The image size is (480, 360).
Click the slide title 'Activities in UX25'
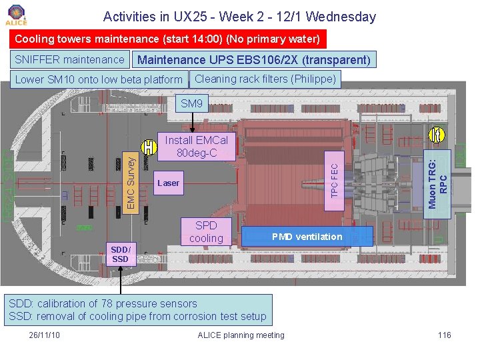(239, 17)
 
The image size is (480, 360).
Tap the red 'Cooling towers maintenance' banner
(167, 39)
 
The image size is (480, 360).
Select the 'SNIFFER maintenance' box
(69, 60)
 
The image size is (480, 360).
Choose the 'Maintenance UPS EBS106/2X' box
(254, 60)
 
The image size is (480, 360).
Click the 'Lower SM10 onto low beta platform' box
(99, 80)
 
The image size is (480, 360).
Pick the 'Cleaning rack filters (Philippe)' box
(265, 79)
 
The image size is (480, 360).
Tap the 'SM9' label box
(191, 103)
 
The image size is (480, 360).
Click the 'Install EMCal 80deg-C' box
(196, 147)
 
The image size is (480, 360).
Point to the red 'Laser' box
(169, 183)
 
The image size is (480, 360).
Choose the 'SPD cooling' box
(206, 232)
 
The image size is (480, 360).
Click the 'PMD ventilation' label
(307, 237)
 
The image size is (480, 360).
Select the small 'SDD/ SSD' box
(120, 254)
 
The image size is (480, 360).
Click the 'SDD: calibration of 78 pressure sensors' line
(103, 304)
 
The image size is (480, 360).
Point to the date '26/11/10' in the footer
(45, 335)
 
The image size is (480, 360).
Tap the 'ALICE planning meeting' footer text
(241, 335)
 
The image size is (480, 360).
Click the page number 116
(445, 335)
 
